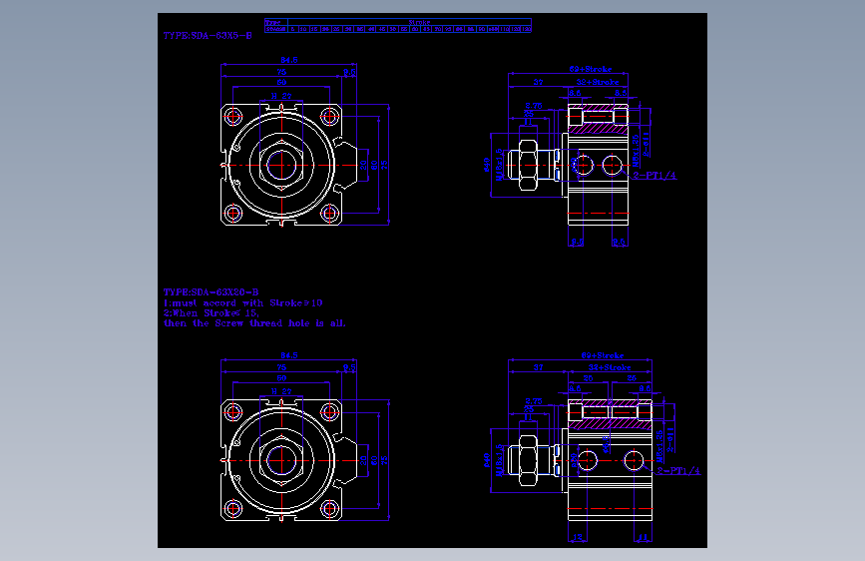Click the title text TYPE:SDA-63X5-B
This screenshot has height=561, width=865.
point(208,35)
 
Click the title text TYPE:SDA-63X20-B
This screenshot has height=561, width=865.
point(211,291)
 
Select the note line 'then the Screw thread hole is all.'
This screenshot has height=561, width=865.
point(254,323)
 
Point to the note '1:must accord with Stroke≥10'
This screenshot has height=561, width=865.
point(242,302)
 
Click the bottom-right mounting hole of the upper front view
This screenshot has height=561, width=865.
point(329,213)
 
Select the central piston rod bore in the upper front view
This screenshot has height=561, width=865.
point(281,164)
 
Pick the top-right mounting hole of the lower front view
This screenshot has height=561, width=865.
point(329,411)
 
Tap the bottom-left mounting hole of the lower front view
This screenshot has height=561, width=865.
point(233,508)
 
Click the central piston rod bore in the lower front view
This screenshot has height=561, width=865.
point(281,459)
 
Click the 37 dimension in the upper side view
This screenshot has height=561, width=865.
point(538,82)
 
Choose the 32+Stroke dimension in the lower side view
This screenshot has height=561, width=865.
point(611,367)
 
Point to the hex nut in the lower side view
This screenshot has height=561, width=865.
point(528,459)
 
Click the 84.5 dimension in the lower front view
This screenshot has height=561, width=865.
point(288,355)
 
